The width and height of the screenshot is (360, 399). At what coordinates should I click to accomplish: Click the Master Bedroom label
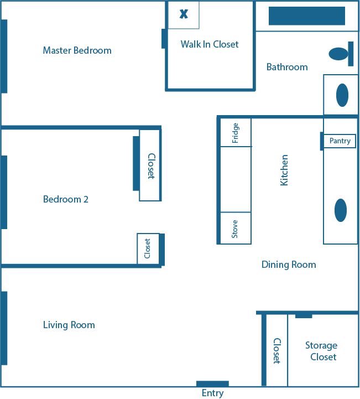pos(77,50)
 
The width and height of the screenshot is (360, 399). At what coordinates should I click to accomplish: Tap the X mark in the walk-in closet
pos(184,14)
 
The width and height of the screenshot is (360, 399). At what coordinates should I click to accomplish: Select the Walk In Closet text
pos(210,44)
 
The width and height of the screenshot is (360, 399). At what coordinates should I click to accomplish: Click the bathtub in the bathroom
pos(306,16)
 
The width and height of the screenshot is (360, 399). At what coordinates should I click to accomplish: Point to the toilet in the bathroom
pos(338,54)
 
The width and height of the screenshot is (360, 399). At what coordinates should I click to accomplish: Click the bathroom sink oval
pos(342,95)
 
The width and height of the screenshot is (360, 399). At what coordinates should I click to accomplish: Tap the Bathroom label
pos(287,67)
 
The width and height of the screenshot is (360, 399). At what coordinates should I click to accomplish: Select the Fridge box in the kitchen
pos(236,133)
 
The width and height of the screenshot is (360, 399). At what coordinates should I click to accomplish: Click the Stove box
pos(236,228)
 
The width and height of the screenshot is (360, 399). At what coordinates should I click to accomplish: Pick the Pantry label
pos(340,141)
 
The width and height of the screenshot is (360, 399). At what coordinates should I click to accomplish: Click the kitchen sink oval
pos(341,210)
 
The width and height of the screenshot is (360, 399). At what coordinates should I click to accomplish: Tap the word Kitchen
pos(284,170)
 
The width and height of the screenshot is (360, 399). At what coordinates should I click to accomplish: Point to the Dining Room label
pos(289,265)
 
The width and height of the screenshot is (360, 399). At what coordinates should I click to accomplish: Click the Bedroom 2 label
pos(65,199)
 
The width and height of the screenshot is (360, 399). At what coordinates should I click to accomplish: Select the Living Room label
pos(69,325)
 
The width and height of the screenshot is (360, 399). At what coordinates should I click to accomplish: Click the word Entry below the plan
pos(212,393)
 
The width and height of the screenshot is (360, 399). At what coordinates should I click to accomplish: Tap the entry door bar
pos(212,384)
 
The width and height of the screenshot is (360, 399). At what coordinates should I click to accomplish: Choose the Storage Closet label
pos(321,351)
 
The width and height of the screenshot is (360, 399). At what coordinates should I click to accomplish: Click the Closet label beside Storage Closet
pos(276,351)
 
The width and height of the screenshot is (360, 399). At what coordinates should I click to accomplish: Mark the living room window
pos(4,328)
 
